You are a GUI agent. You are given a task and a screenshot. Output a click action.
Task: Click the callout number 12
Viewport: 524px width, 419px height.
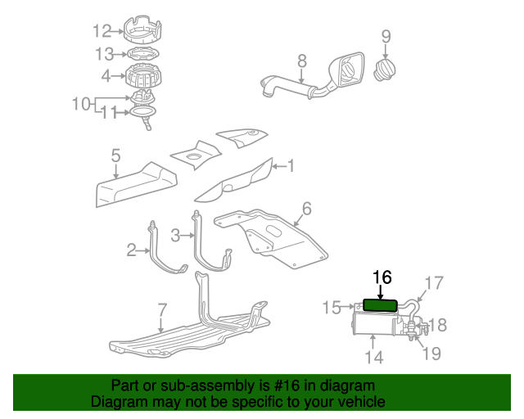pyautogui.click(x=102, y=32)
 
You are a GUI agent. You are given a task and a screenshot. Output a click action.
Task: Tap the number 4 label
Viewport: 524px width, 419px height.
pyautogui.click(x=106, y=76)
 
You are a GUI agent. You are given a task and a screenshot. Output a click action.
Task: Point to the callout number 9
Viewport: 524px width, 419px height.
pyautogui.click(x=386, y=36)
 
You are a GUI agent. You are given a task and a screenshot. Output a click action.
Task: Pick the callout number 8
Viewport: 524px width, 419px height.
pyautogui.click(x=301, y=61)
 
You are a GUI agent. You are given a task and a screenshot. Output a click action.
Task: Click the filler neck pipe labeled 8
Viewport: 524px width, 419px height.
pyautogui.click(x=287, y=85)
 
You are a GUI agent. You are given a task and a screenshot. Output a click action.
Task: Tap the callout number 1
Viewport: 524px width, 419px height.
pyautogui.click(x=289, y=166)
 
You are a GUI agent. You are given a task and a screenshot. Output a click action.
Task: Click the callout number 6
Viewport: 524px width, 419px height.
pyautogui.click(x=306, y=209)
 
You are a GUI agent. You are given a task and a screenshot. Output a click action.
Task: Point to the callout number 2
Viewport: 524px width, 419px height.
pyautogui.click(x=131, y=250)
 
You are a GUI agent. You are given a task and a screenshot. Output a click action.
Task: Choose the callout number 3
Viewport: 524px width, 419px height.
pyautogui.click(x=175, y=236)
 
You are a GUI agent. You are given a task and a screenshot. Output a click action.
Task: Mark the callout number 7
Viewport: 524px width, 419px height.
pyautogui.click(x=162, y=310)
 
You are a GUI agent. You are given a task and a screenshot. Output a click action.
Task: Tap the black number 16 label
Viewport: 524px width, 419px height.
pyautogui.click(x=382, y=277)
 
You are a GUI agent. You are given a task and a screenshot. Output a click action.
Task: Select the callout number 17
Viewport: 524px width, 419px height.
pyautogui.click(x=433, y=283)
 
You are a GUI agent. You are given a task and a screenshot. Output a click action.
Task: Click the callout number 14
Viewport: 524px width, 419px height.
pyautogui.click(x=373, y=357)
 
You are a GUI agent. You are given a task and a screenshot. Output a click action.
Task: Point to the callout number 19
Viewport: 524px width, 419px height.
pyautogui.click(x=431, y=354)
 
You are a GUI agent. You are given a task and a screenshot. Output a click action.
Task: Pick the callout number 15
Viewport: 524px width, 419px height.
pyautogui.click(x=331, y=307)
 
